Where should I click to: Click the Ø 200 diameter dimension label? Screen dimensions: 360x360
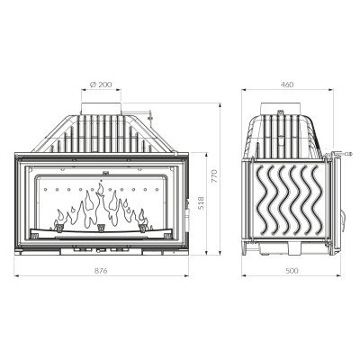[x=101, y=85]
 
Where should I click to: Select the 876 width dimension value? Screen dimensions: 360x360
[x=101, y=271]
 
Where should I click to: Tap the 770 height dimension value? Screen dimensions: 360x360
[x=214, y=176]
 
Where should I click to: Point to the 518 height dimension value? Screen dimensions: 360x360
[x=201, y=203]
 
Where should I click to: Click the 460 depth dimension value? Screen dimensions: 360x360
[x=287, y=85]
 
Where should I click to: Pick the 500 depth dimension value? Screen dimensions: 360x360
[x=292, y=271]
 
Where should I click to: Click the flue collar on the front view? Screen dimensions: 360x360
[x=101, y=108]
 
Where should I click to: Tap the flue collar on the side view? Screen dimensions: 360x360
[x=280, y=108]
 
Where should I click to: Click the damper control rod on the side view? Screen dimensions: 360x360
[x=340, y=154]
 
